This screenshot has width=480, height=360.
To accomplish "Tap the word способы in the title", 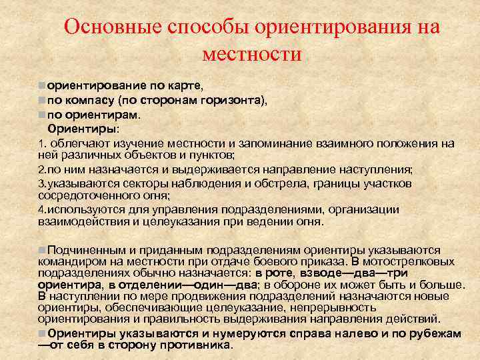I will [201, 27].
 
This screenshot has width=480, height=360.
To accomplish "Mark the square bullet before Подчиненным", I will [42, 249].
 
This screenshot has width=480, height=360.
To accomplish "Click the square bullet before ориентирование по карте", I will [42, 86].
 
